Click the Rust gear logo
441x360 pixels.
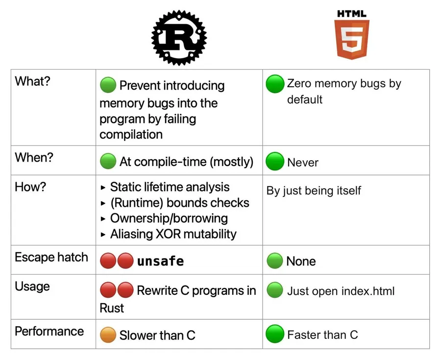179,38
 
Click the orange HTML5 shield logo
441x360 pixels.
351,40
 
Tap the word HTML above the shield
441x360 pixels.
351,14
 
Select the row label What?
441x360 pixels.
32,81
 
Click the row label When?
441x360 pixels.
34,157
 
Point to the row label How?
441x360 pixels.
30,187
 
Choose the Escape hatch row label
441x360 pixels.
51,257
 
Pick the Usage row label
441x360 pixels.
32,287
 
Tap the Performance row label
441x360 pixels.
49,331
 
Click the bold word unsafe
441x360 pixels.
160,261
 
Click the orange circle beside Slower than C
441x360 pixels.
108,335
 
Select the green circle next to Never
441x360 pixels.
275,161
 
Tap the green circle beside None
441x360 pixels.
275,261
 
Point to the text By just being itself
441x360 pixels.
314,191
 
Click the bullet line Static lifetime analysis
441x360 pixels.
165,187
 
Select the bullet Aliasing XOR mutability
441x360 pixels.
169,234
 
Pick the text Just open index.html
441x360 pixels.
341,291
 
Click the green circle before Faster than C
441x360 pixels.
275,334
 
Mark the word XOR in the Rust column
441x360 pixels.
168,234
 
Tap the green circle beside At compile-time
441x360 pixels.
108,161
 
